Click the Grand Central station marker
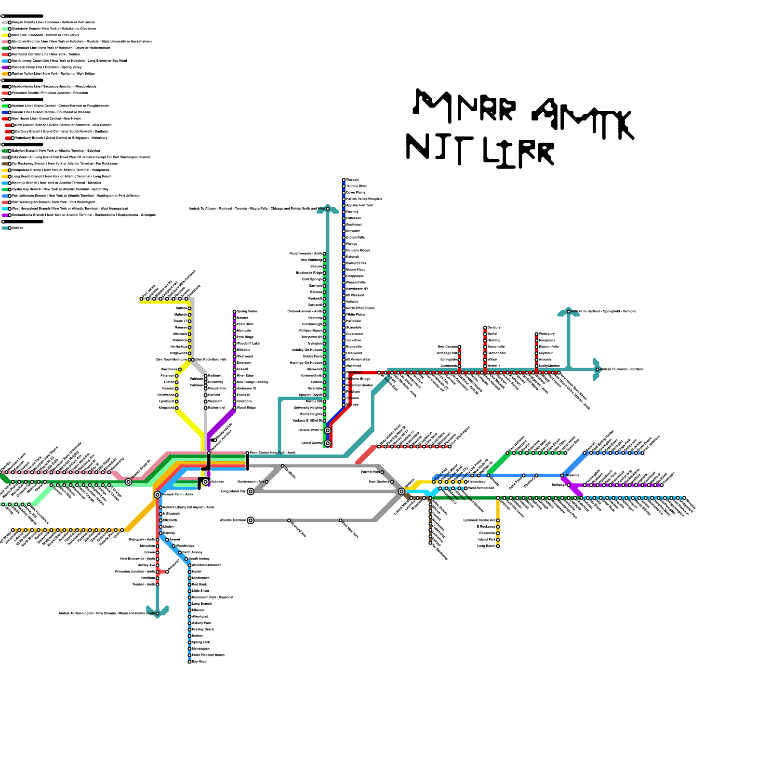point(328,443)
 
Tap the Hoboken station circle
point(206,482)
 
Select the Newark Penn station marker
point(158,495)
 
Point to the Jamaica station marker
point(401,492)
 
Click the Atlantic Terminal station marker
point(251,520)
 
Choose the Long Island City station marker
point(251,492)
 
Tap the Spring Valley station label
point(247,312)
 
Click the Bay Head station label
point(199,662)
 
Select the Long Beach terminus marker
point(498,546)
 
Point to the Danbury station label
point(494,328)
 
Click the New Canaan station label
point(447,347)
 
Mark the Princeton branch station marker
point(167,572)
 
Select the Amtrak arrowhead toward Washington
point(158,613)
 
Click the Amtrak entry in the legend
point(17,228)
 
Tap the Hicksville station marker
point(562,476)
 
